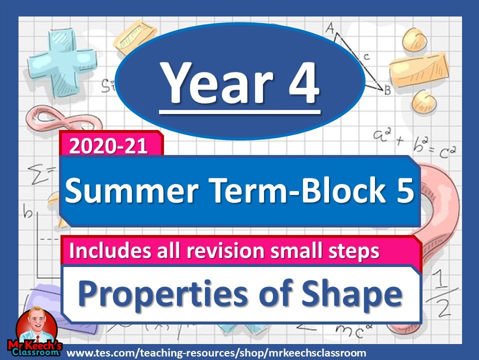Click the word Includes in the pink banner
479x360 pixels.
pos(103,251)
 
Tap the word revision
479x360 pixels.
pos(240,251)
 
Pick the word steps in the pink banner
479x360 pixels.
pos(355,251)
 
